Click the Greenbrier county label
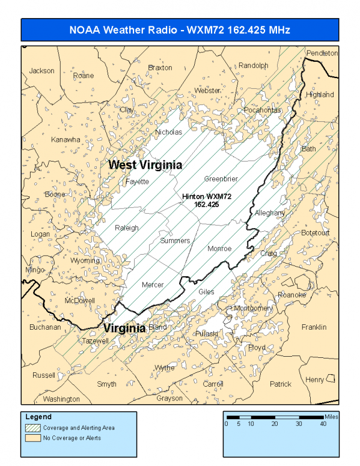click(x=221, y=179)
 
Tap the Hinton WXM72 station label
click(x=207, y=200)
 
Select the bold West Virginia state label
click(x=145, y=165)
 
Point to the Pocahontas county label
click(x=262, y=110)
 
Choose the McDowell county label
click(x=79, y=300)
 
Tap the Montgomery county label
click(x=253, y=308)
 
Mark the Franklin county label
click(x=314, y=327)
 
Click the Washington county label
click(x=61, y=399)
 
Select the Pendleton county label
click(x=322, y=53)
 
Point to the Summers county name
click(x=175, y=241)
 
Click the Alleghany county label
click(x=270, y=213)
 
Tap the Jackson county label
click(x=41, y=71)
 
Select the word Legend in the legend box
click(x=38, y=417)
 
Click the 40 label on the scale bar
click(x=323, y=423)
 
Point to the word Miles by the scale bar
click(x=331, y=416)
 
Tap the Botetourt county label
click(x=316, y=232)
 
